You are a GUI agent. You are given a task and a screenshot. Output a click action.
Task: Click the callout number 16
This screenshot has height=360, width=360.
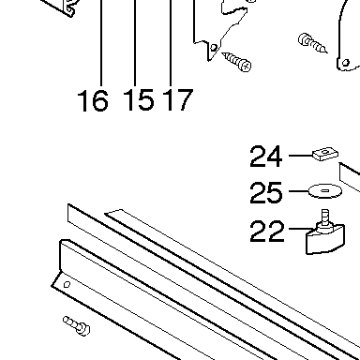click(93, 100)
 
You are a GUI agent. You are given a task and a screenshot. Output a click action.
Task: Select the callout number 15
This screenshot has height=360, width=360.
click(139, 99)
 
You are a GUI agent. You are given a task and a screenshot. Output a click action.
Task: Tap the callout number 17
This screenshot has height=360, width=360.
click(178, 99)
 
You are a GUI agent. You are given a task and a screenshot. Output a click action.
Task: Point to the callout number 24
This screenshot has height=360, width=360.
click(266, 157)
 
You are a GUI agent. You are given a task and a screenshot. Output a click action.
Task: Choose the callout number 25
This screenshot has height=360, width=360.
click(266, 192)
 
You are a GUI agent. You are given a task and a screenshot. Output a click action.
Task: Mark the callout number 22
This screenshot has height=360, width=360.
click(266, 231)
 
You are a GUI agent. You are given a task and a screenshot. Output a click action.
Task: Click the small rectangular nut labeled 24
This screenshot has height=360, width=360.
click(325, 154)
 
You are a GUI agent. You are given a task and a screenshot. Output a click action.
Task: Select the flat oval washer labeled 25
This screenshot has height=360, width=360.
click(325, 191)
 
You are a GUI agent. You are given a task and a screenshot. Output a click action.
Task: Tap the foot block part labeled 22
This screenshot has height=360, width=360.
click(325, 239)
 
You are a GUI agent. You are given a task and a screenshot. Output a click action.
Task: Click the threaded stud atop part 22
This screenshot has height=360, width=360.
click(325, 217)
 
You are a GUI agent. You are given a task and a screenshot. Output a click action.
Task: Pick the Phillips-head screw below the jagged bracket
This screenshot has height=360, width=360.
click(237, 62)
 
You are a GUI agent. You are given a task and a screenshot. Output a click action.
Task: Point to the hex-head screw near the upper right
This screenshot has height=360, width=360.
click(313, 43)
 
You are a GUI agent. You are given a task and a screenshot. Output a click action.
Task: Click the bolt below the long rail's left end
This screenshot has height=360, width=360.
click(77, 325)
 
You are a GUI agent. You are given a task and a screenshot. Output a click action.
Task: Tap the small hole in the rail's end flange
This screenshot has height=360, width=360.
click(67, 284)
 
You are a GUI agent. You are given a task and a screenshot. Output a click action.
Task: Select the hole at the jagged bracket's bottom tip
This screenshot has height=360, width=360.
click(214, 48)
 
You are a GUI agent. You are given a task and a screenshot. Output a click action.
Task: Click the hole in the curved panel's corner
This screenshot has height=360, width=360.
click(346, 63)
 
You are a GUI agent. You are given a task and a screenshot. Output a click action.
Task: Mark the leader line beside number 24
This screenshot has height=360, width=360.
click(301, 156)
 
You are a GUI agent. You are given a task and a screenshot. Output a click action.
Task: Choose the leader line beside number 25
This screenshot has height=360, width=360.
click(299, 191)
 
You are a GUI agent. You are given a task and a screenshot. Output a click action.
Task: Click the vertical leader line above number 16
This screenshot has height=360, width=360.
click(101, 42)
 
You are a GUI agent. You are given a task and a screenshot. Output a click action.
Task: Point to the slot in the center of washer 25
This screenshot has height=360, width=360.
click(325, 190)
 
